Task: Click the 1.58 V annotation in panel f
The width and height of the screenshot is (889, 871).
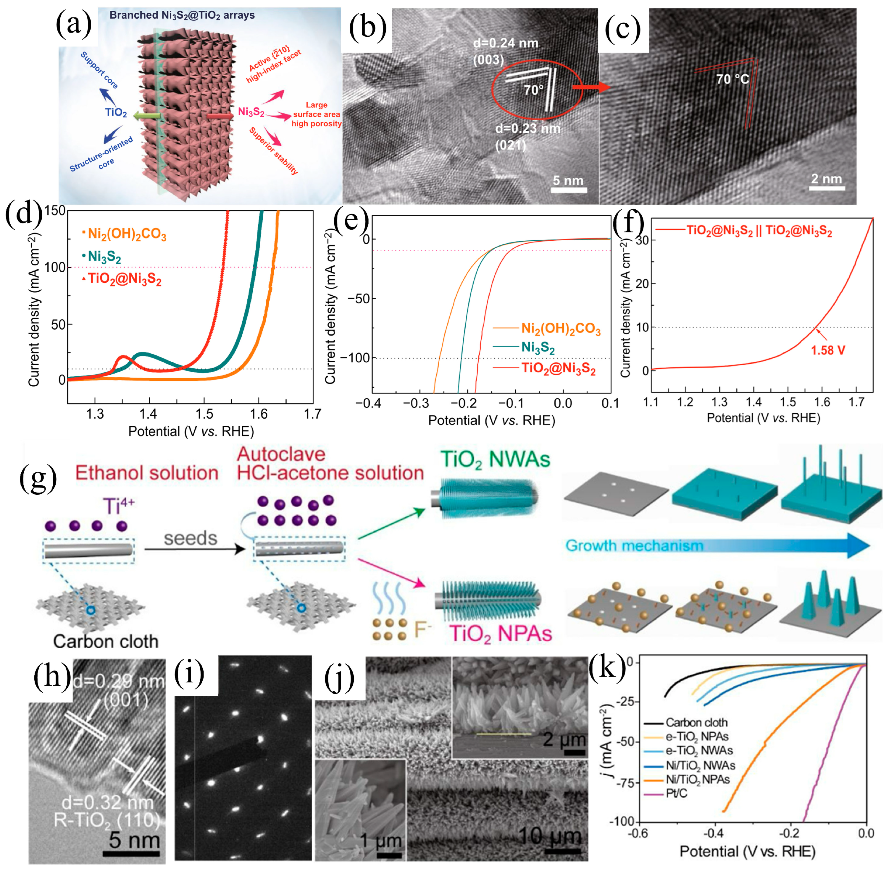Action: pos(828,350)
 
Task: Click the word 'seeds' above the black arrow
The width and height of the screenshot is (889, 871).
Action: pos(191,538)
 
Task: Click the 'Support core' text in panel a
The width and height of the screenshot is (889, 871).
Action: pos(99,70)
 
